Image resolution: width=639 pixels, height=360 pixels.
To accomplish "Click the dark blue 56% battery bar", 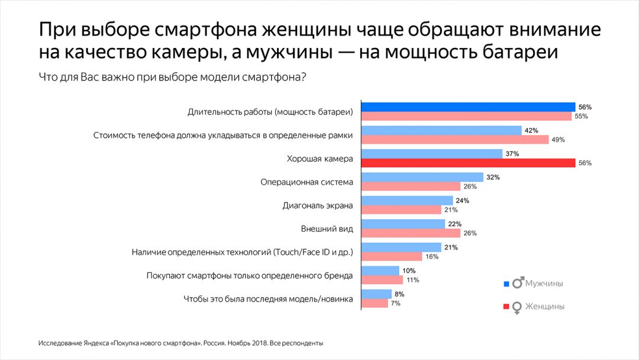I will tap(468, 107).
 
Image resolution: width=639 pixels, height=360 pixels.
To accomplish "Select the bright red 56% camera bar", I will tap(468, 163).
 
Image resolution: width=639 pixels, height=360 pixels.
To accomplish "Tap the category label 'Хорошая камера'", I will tap(319, 159).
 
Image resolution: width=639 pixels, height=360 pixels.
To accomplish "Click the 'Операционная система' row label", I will tap(306, 182).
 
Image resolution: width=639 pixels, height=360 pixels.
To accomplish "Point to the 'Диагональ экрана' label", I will tap(318, 205).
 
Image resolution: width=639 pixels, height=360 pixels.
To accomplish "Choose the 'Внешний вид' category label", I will tap(327, 229).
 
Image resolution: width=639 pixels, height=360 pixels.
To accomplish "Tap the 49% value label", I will tap(559, 140).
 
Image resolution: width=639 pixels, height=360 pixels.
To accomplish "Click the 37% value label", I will tap(512, 154).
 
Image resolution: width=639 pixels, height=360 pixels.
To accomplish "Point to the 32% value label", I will tap(493, 177).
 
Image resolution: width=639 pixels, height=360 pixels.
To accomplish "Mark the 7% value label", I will tap(395, 303).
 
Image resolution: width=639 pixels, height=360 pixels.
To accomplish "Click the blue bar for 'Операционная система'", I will tap(422, 177).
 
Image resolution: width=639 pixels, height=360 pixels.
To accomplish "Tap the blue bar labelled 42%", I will tap(441, 130).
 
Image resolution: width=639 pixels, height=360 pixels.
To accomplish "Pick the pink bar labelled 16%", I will tap(392, 256).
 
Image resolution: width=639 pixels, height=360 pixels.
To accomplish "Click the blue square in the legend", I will tap(506, 284).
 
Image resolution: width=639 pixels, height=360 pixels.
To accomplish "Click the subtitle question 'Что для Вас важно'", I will tap(172, 77).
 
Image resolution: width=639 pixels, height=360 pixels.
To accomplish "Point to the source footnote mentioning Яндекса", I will tap(180, 343).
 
